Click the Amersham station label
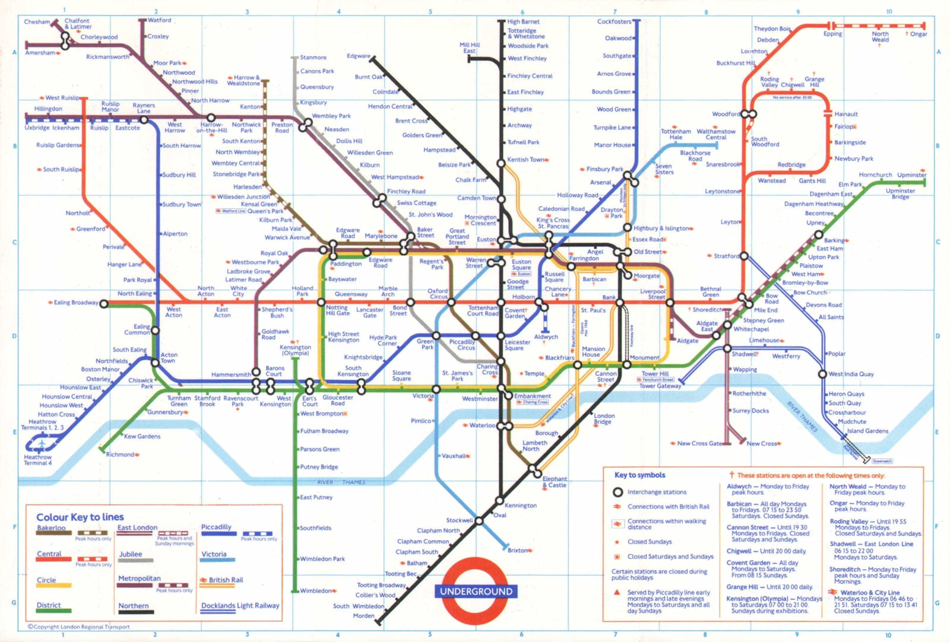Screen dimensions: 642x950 point(39,53)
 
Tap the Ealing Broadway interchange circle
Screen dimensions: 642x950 point(104,304)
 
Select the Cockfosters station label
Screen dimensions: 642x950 point(614,22)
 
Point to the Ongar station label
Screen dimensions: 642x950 point(919,34)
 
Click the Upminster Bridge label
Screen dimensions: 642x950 point(900,194)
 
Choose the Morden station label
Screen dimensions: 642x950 point(363,616)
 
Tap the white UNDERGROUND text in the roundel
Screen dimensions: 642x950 point(476,592)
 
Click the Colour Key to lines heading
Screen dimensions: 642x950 point(80,517)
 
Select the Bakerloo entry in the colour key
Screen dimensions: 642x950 point(51,528)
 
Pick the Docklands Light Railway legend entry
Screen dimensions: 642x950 point(240,606)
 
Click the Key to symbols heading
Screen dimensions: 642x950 point(639,475)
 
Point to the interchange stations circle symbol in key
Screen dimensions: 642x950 point(617,492)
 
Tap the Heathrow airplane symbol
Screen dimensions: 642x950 point(42,444)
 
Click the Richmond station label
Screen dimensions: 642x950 point(120,455)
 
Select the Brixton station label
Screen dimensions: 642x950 point(518,551)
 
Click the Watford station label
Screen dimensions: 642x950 point(159,20)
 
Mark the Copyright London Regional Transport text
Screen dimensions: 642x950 point(79,627)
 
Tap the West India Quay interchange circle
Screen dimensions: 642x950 point(822,374)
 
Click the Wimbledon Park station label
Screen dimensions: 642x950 point(322,559)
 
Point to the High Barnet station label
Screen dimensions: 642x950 point(523,22)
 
